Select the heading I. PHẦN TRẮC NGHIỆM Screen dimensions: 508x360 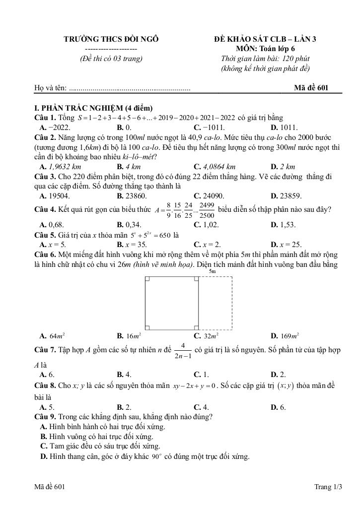point(93,108)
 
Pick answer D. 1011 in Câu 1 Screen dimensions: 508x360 point(284,127)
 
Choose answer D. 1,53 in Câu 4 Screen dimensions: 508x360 point(283,224)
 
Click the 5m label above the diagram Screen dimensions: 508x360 point(213,272)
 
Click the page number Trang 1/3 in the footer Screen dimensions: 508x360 point(328,487)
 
